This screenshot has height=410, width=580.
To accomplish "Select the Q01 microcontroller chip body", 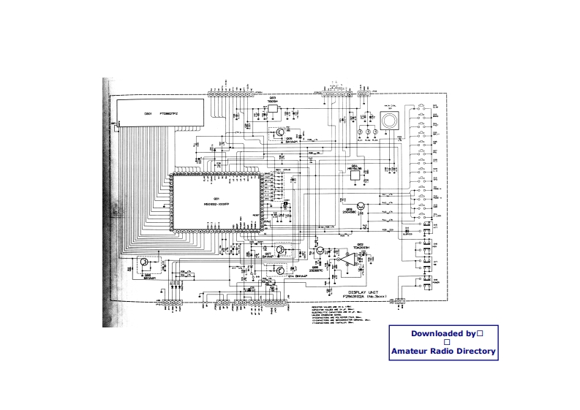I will pyautogui.click(x=216, y=202).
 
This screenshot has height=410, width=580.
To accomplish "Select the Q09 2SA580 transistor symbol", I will pyautogui.click(x=361, y=207).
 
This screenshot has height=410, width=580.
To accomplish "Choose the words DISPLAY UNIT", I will pyautogui.click(x=362, y=291).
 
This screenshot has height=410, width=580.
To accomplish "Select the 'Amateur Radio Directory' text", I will pyautogui.click(x=443, y=352).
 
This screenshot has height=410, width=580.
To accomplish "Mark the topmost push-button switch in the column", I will pyautogui.click(x=422, y=108).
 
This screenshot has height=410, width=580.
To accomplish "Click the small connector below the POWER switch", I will pyautogui.click(x=399, y=300).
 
